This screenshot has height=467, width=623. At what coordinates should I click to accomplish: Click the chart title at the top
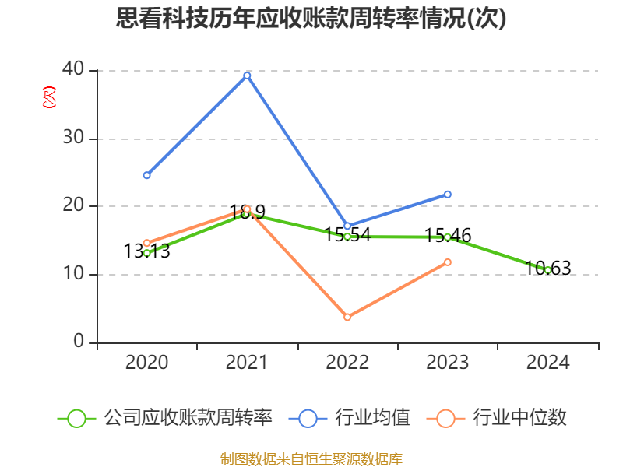tap(311, 19)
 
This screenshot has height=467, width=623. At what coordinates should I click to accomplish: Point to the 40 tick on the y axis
tap(73, 69)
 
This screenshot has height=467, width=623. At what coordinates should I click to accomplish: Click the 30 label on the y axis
tap(73, 138)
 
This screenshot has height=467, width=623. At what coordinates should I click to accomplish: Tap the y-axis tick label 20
tap(73, 205)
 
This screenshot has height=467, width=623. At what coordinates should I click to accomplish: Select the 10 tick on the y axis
tap(73, 274)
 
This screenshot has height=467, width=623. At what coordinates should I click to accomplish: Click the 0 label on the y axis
tap(79, 342)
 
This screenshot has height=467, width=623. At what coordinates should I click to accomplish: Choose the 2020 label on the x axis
tap(146, 363)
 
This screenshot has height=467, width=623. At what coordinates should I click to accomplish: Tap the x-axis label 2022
tap(347, 363)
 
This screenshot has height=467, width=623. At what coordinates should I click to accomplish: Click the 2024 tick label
tap(547, 363)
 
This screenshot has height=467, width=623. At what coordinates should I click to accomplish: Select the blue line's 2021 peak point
tap(247, 75)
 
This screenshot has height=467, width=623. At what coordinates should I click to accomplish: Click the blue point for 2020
tap(146, 175)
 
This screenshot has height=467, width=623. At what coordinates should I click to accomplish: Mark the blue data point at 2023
tap(448, 194)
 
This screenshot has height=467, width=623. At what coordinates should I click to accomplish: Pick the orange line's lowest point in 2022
tap(347, 317)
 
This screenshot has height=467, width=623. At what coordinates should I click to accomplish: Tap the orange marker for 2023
tap(448, 262)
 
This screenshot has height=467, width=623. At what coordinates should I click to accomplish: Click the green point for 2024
tap(547, 270)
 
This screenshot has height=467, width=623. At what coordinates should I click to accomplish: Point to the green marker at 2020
tap(146, 253)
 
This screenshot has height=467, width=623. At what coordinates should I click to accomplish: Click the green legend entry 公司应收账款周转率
tap(165, 418)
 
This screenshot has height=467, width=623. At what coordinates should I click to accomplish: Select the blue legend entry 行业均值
tap(350, 418)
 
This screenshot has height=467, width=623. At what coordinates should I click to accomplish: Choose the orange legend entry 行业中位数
tap(498, 418)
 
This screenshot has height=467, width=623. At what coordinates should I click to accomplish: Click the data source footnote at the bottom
tap(311, 458)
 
